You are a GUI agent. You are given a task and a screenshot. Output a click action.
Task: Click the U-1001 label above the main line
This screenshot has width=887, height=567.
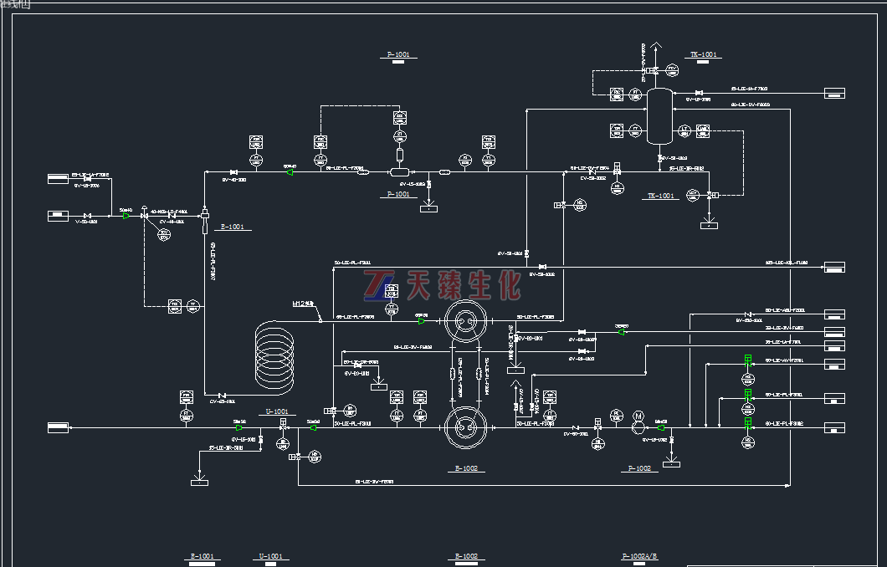point(277,411)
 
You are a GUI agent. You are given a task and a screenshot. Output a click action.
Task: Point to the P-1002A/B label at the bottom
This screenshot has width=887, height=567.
point(640,556)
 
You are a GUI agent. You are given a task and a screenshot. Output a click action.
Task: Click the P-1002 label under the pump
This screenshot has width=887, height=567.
point(638,468)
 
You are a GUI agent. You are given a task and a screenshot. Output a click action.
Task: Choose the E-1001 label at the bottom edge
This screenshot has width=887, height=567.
point(202,556)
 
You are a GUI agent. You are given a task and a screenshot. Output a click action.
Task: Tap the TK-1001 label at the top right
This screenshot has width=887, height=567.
point(704,55)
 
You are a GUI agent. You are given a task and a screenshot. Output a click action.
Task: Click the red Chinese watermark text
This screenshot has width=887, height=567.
point(463,285)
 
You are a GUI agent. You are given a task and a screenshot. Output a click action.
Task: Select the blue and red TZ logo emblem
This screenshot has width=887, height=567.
point(382,285)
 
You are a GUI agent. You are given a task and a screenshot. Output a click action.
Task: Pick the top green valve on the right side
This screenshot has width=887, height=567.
point(749,360)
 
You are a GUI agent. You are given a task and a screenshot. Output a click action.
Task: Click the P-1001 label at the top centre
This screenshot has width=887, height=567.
point(399,55)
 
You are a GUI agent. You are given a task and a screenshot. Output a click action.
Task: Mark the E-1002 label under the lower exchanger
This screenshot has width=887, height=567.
point(466,468)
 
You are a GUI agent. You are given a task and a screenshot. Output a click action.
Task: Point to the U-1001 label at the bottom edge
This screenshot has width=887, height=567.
point(271,556)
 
